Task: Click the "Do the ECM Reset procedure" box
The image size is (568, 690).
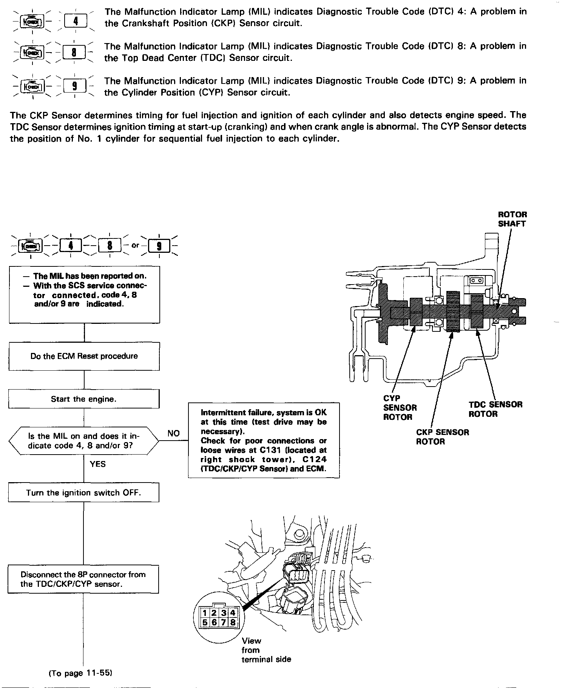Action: pyautogui.click(x=84, y=356)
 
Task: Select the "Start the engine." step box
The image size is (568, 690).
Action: pyautogui.click(x=83, y=399)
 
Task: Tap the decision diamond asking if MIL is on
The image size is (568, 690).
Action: pyautogui.click(x=83, y=441)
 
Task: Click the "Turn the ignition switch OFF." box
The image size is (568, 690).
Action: pyautogui.click(x=83, y=493)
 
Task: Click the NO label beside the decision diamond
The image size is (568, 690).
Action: pyautogui.click(x=173, y=433)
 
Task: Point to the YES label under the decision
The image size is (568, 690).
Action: pyautogui.click(x=98, y=464)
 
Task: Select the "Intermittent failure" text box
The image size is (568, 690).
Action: pyautogui.click(x=264, y=441)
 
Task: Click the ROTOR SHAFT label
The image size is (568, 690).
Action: pyautogui.click(x=512, y=219)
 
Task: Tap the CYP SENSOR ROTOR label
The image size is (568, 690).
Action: pyautogui.click(x=400, y=408)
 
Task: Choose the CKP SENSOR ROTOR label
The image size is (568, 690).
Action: pyautogui.click(x=442, y=437)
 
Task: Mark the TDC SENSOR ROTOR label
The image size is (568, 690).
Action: pyautogui.click(x=495, y=409)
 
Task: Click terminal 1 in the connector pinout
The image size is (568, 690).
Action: pyautogui.click(x=204, y=613)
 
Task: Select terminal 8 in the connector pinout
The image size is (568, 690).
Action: pyautogui.click(x=233, y=622)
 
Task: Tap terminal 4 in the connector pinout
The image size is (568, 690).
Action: pyautogui.click(x=233, y=613)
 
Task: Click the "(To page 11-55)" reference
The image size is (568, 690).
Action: pyautogui.click(x=81, y=673)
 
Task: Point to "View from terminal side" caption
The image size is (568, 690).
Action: pyautogui.click(x=266, y=650)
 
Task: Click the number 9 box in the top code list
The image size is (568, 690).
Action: pyautogui.click(x=75, y=87)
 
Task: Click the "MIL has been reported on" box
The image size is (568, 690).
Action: pyautogui.click(x=84, y=294)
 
